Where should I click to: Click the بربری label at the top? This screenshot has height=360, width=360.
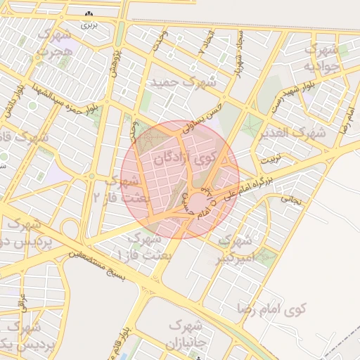pos(87,25)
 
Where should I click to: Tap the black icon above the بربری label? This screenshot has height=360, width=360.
pos(88,14)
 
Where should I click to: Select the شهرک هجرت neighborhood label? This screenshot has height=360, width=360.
pos(55,42)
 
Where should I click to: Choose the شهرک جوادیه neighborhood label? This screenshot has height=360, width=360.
pos(320,58)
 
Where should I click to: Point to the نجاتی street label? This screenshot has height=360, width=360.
pos(292,200)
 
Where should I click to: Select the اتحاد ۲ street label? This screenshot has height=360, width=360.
pos(204,44)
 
